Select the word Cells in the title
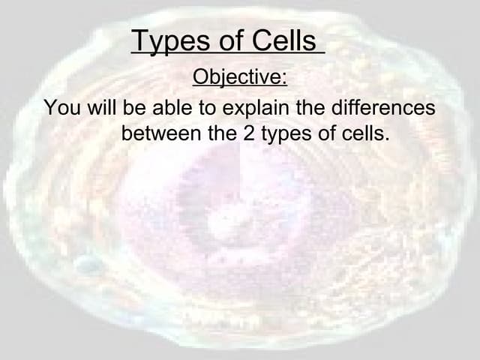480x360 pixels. point(283,41)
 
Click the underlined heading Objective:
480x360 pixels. point(240,77)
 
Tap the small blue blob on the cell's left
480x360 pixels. point(88,264)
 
